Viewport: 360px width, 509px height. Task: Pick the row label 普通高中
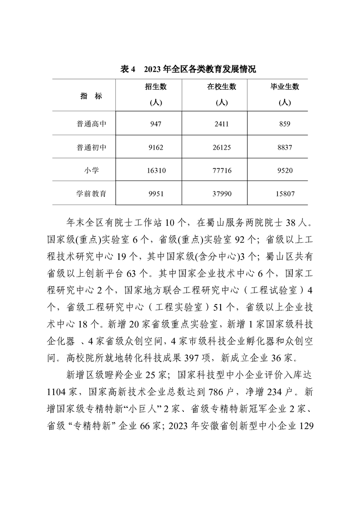[91, 123]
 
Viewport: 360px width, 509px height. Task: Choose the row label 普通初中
[91, 147]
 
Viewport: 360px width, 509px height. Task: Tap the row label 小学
[91, 171]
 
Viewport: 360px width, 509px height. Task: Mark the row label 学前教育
[91, 194]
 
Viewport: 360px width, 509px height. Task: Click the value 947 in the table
[156, 123]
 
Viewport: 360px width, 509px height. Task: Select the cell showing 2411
[222, 123]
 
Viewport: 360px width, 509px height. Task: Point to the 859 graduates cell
[285, 123]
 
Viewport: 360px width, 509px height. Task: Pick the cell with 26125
[222, 147]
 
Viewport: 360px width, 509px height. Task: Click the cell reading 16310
[156, 171]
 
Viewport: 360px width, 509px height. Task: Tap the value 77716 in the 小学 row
[222, 171]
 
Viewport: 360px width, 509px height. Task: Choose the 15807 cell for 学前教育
[285, 194]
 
